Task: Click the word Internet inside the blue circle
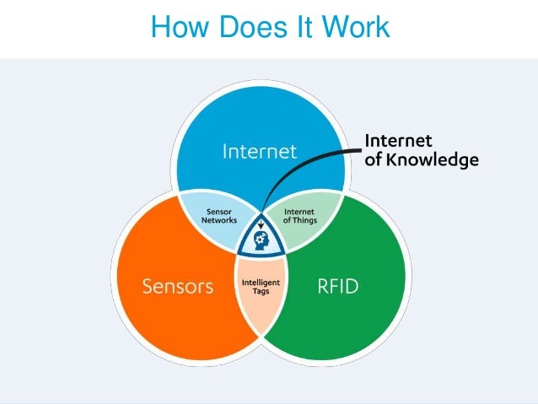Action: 259,152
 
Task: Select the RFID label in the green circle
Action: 337,286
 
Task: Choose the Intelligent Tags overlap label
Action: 261,287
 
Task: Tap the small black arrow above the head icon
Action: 261,224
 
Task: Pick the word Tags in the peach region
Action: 261,292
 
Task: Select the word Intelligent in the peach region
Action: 261,282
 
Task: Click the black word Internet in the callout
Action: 398,141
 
